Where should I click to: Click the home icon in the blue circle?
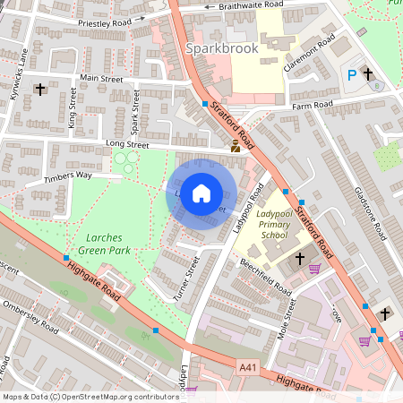(201, 193)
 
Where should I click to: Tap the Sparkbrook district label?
(221, 47)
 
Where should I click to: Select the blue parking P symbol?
(351, 76)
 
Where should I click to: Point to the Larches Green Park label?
(95, 244)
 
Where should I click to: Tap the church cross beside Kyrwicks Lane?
(39, 89)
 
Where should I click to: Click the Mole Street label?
(290, 320)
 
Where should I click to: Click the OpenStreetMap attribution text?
(90, 396)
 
